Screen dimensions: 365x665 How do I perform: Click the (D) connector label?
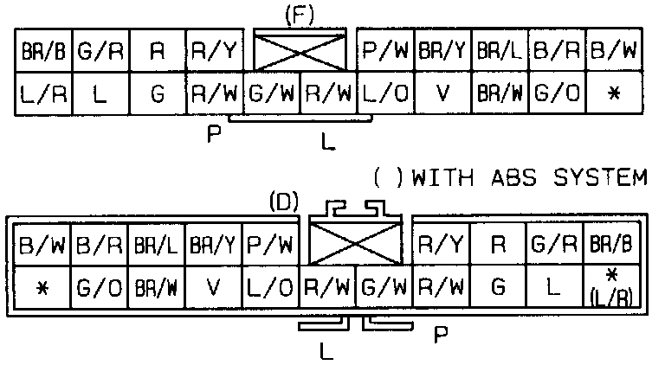point(284,203)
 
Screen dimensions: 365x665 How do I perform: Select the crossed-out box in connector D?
point(355,236)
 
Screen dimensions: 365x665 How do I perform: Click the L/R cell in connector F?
point(43,93)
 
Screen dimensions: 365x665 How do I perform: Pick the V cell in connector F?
point(442,93)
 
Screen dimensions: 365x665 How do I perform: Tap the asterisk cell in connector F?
point(613,93)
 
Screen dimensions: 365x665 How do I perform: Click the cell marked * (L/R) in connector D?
point(612,285)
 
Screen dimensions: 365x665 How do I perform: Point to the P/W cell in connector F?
point(385,53)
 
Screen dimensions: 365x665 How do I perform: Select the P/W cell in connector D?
point(270,246)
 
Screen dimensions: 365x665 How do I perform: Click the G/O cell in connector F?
point(557,93)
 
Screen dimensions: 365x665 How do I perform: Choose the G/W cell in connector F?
point(272,93)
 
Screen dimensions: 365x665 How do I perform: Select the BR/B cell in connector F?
point(43,53)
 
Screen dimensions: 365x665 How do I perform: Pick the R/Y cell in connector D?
point(441,246)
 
